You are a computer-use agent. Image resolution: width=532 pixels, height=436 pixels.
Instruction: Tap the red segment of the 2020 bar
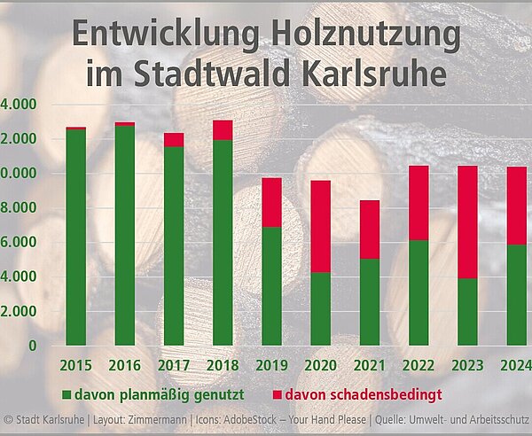click(320, 226)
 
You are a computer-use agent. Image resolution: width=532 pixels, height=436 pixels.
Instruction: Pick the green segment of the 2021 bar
click(369, 301)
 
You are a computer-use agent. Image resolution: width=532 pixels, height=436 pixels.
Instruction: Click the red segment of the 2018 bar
click(223, 129)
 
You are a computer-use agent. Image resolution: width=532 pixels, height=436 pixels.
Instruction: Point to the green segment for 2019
click(271, 285)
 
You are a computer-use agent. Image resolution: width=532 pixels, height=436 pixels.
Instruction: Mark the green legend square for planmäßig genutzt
click(66, 391)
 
